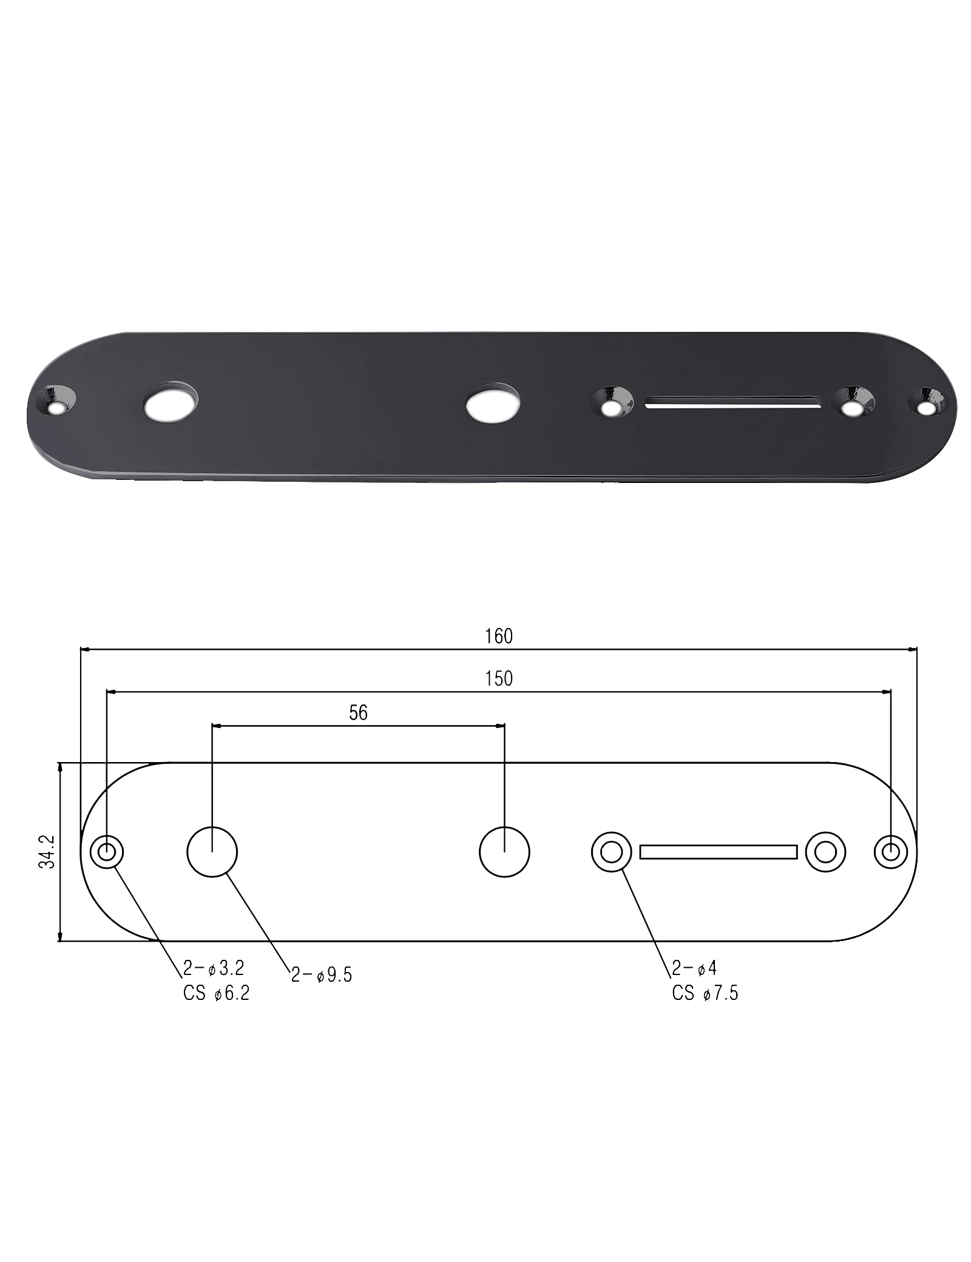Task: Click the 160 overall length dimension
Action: point(498,636)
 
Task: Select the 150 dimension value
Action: point(498,678)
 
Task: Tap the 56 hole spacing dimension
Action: point(358,712)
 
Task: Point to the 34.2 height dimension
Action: point(47,852)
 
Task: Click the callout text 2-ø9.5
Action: point(321,975)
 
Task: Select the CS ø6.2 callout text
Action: point(216,993)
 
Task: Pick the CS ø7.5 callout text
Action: point(705,993)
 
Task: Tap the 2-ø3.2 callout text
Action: point(213,968)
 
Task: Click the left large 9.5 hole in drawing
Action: point(212,852)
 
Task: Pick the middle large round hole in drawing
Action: point(504,852)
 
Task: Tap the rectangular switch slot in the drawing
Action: point(719,852)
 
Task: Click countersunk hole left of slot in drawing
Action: point(612,852)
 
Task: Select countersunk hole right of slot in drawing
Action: point(825,852)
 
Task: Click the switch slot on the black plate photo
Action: point(731,402)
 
